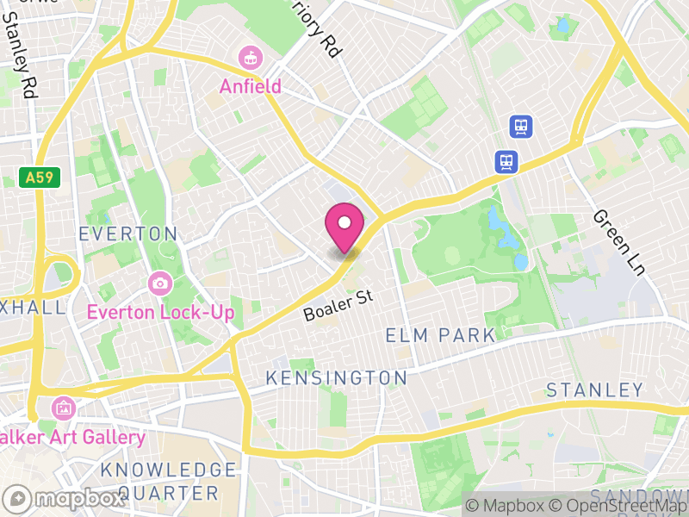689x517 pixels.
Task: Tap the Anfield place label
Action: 250,86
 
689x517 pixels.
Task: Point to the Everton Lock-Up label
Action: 160,311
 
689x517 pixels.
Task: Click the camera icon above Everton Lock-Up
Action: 159,283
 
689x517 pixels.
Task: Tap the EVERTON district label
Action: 127,234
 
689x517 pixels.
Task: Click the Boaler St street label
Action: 338,306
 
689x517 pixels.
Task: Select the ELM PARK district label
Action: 440,335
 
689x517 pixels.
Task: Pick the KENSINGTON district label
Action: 336,377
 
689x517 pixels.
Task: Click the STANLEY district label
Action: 595,390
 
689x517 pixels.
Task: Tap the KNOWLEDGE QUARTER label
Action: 168,481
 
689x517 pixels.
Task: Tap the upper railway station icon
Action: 521,127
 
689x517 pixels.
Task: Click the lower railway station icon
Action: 506,161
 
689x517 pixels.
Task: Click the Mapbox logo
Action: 66,498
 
